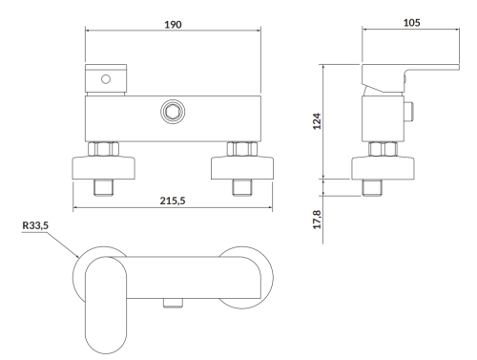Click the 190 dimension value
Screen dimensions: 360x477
[174, 19]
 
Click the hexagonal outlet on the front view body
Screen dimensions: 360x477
[174, 110]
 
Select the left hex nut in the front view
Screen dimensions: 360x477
[102, 149]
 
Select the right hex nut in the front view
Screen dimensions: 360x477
[240, 149]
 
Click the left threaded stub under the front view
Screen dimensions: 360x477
[102, 185]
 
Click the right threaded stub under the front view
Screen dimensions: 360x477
[240, 185]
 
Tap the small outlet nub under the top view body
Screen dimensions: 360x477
[172, 302]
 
